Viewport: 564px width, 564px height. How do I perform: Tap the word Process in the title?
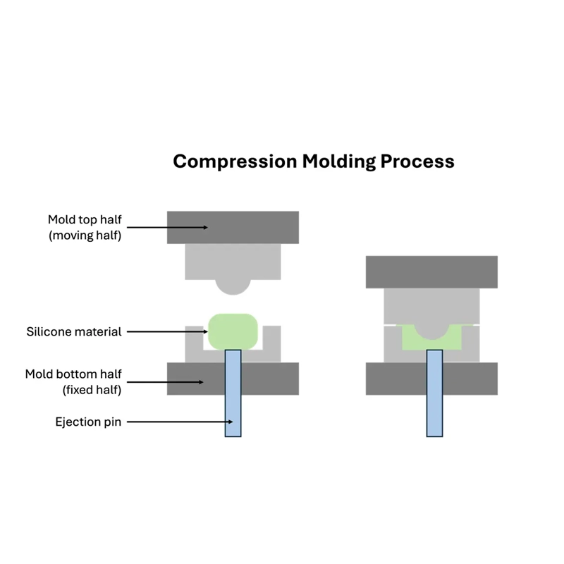[x=417, y=161]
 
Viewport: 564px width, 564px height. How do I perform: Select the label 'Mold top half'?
[x=85, y=219]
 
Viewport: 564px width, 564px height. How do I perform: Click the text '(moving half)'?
[x=85, y=235]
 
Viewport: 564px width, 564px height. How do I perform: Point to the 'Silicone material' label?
[x=74, y=331]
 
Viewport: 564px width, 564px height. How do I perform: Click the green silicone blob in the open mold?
[x=233, y=329]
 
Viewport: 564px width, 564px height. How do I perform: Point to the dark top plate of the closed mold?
[x=431, y=271]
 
